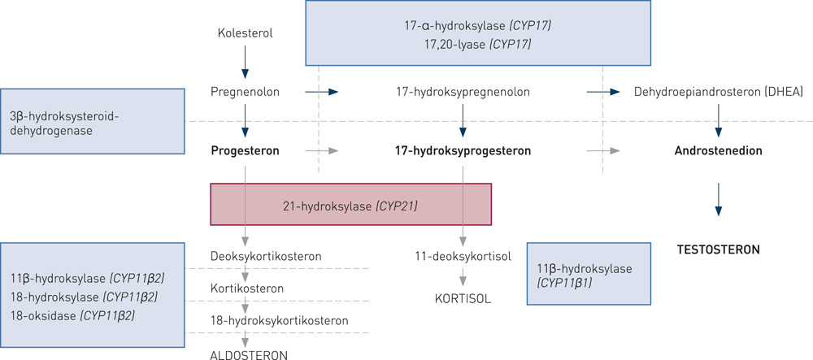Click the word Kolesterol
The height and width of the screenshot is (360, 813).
pos(245,33)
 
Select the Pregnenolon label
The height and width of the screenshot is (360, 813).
pos(245,92)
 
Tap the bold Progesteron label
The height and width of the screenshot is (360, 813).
pos(245,151)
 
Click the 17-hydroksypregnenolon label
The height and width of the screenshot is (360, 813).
pos(463,92)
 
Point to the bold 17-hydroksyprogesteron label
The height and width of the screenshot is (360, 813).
pos(463,151)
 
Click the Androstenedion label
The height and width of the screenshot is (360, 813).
pos(717,151)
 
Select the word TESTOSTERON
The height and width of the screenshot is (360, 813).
pos(718,249)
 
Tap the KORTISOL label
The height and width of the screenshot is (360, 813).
pos(463,298)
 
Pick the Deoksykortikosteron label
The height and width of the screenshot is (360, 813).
pos(266,257)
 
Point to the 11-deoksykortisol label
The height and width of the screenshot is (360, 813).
pos(462,257)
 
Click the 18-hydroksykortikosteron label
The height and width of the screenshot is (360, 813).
pos(279,320)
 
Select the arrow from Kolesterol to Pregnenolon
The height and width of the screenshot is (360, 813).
pos(245,62)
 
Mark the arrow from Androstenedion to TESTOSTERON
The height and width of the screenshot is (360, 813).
pos(718,200)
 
